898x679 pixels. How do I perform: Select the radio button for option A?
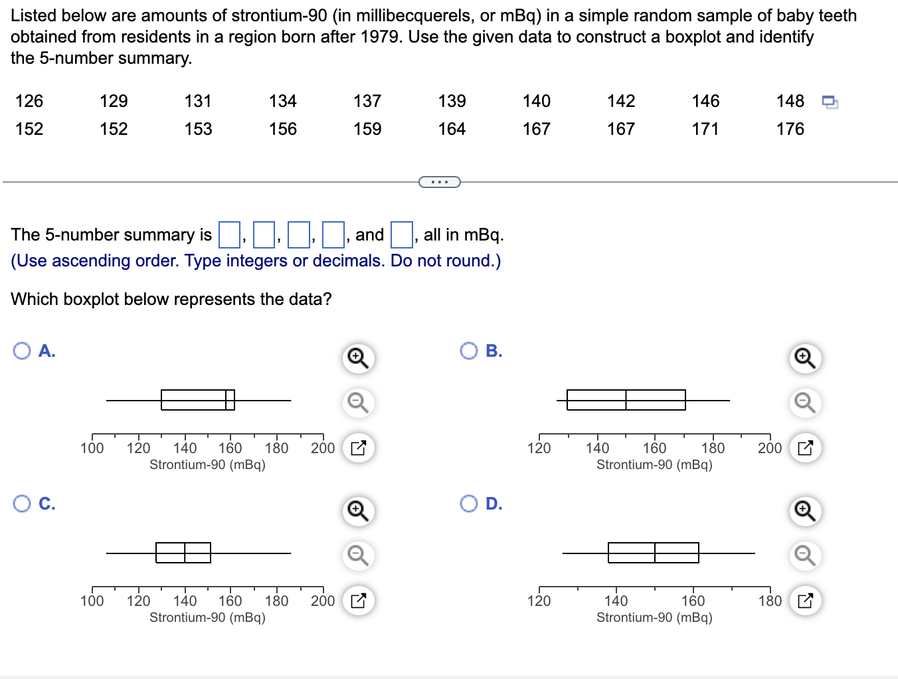tap(22, 351)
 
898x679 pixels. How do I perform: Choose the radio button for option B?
tap(469, 351)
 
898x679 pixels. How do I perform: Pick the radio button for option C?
tap(22, 504)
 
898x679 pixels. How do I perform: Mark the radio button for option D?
tap(469, 504)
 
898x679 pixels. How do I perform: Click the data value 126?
tap(29, 101)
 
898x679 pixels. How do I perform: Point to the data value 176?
tap(790, 129)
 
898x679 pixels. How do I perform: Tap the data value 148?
tap(790, 101)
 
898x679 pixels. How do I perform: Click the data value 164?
tap(452, 129)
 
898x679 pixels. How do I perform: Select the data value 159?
tap(367, 129)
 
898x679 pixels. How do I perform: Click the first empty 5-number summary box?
tap(230, 235)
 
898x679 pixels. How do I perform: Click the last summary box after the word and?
tap(401, 235)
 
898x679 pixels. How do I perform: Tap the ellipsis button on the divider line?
tap(439, 181)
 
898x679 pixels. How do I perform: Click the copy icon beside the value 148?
tap(830, 102)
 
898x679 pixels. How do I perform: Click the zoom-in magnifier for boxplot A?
tap(358, 358)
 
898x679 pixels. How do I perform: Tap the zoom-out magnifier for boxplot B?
tap(805, 403)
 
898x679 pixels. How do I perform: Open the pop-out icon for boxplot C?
tap(358, 601)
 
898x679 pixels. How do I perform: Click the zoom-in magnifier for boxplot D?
tap(805, 511)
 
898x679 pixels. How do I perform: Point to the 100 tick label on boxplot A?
tap(92, 448)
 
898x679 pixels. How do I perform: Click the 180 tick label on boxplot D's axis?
tap(770, 601)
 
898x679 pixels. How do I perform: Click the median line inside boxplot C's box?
tap(185, 553)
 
